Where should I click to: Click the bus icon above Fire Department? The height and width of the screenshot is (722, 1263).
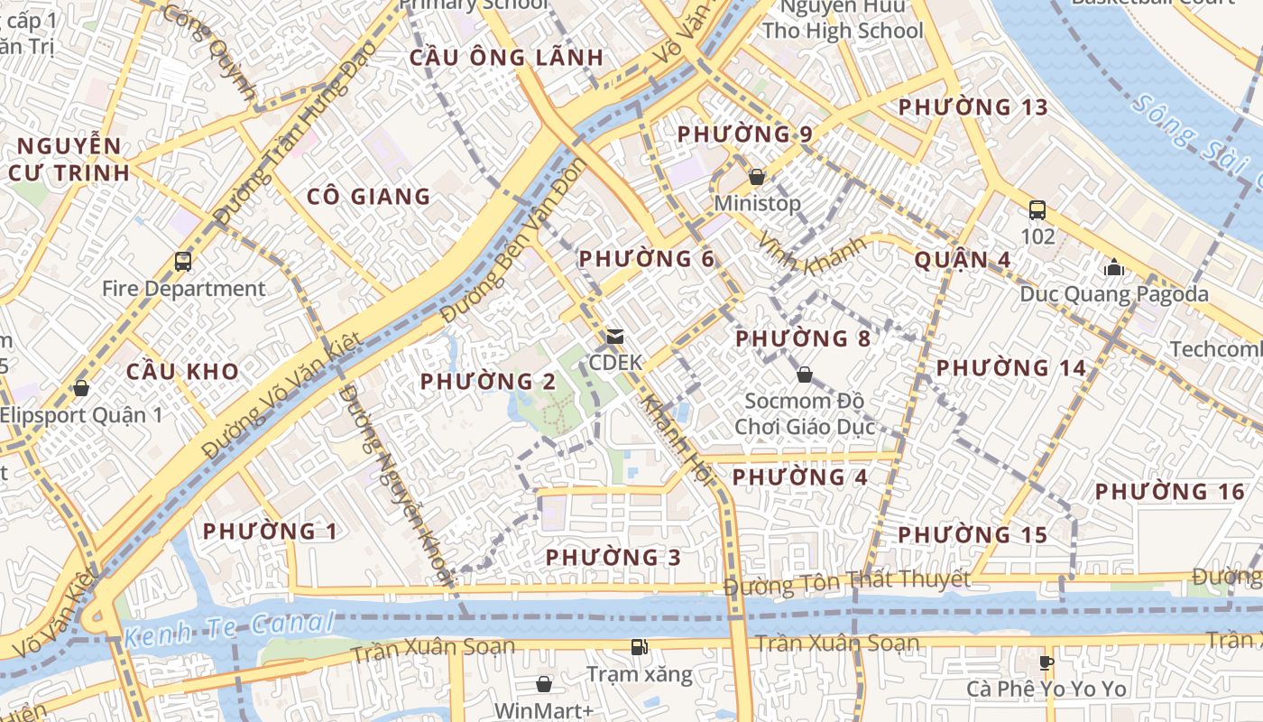tap(183, 262)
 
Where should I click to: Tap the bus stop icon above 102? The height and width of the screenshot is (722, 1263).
tap(1037, 210)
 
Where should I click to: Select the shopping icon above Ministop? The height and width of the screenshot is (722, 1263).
tap(757, 177)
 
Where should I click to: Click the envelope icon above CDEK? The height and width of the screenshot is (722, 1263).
tap(615, 337)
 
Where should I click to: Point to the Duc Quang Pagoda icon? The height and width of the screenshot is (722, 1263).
tap(1113, 267)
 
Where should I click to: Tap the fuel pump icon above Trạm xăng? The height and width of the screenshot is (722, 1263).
tap(639, 647)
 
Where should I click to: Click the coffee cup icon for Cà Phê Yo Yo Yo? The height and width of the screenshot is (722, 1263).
tap(1046, 662)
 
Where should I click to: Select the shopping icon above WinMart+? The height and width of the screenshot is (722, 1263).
tap(544, 684)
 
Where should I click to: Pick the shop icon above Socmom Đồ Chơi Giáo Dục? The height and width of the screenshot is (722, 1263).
tap(805, 374)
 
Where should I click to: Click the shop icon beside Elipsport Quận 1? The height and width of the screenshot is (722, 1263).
tap(81, 388)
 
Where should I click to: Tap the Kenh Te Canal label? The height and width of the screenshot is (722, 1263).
tap(229, 628)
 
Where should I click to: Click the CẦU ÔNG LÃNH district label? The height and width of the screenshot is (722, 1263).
tap(506, 58)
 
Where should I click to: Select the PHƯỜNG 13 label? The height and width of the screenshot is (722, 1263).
tap(973, 107)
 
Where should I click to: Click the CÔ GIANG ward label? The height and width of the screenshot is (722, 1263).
tap(368, 197)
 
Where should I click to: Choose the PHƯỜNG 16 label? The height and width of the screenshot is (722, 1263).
tap(1169, 492)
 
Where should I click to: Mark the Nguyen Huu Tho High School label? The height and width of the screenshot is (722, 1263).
tap(843, 19)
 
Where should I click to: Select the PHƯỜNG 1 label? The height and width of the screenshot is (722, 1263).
tap(270, 532)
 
